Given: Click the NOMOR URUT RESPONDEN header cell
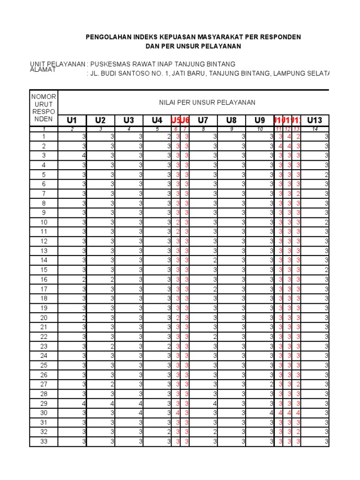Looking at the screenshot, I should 44,108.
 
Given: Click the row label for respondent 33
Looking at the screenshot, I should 44,441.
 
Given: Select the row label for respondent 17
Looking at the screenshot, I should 44,288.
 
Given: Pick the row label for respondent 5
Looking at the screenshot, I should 44,174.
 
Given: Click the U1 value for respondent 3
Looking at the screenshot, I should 84,155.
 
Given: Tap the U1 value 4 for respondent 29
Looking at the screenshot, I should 84,403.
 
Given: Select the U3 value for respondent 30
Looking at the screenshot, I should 140,412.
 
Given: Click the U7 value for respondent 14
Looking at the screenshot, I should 215,260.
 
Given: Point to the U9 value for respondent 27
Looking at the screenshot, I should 271,384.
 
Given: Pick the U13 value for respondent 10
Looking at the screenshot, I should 327,222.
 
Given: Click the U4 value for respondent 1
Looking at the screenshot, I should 169,136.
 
